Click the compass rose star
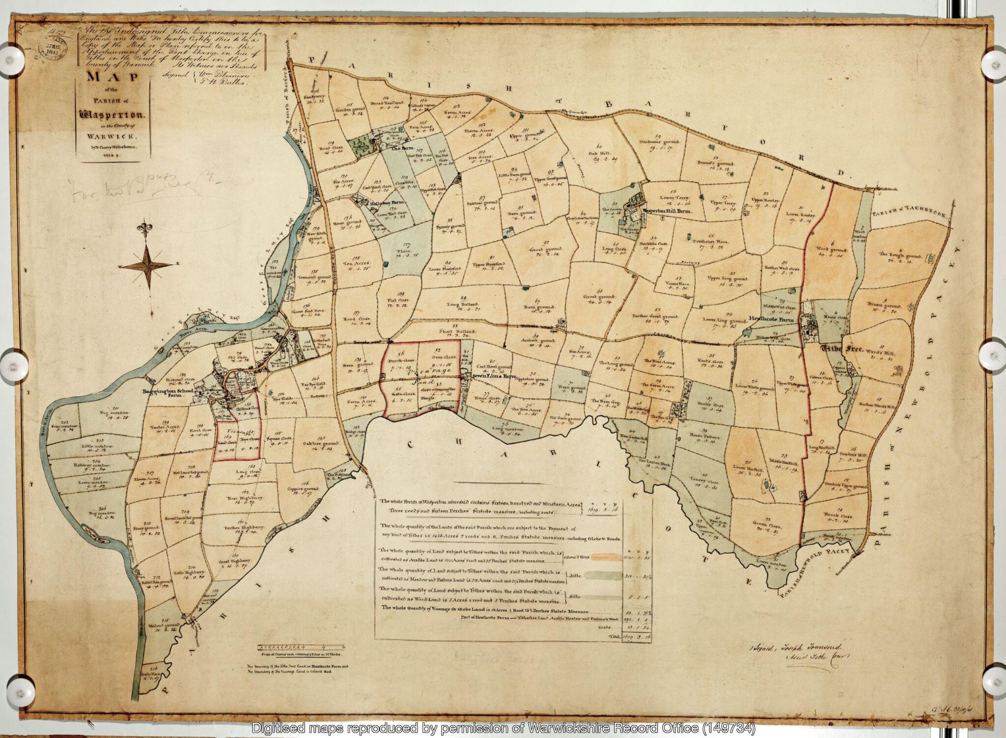pyautogui.click(x=147, y=266)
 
